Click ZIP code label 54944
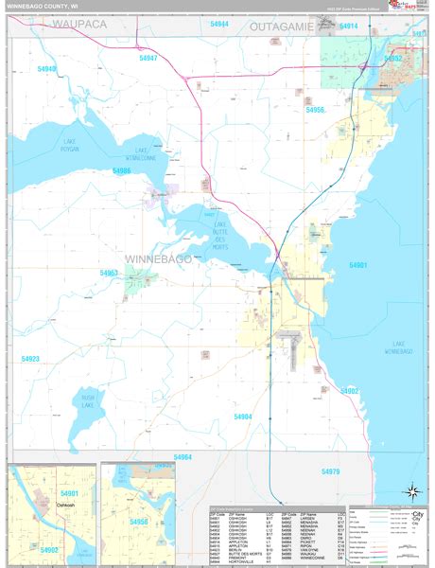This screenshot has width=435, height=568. (x=218, y=23)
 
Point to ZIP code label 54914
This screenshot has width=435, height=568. (x=348, y=27)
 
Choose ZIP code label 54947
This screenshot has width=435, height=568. (x=147, y=58)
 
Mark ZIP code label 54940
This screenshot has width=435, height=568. (x=46, y=69)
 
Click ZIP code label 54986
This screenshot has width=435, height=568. (x=121, y=171)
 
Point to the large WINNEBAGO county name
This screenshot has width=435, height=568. (x=158, y=257)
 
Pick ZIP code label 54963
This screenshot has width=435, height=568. (x=110, y=273)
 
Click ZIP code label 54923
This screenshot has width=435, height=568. (x=30, y=359)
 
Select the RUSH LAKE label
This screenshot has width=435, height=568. (x=88, y=402)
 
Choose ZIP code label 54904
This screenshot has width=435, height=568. (x=243, y=417)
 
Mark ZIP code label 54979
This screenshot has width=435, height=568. (x=329, y=470)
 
